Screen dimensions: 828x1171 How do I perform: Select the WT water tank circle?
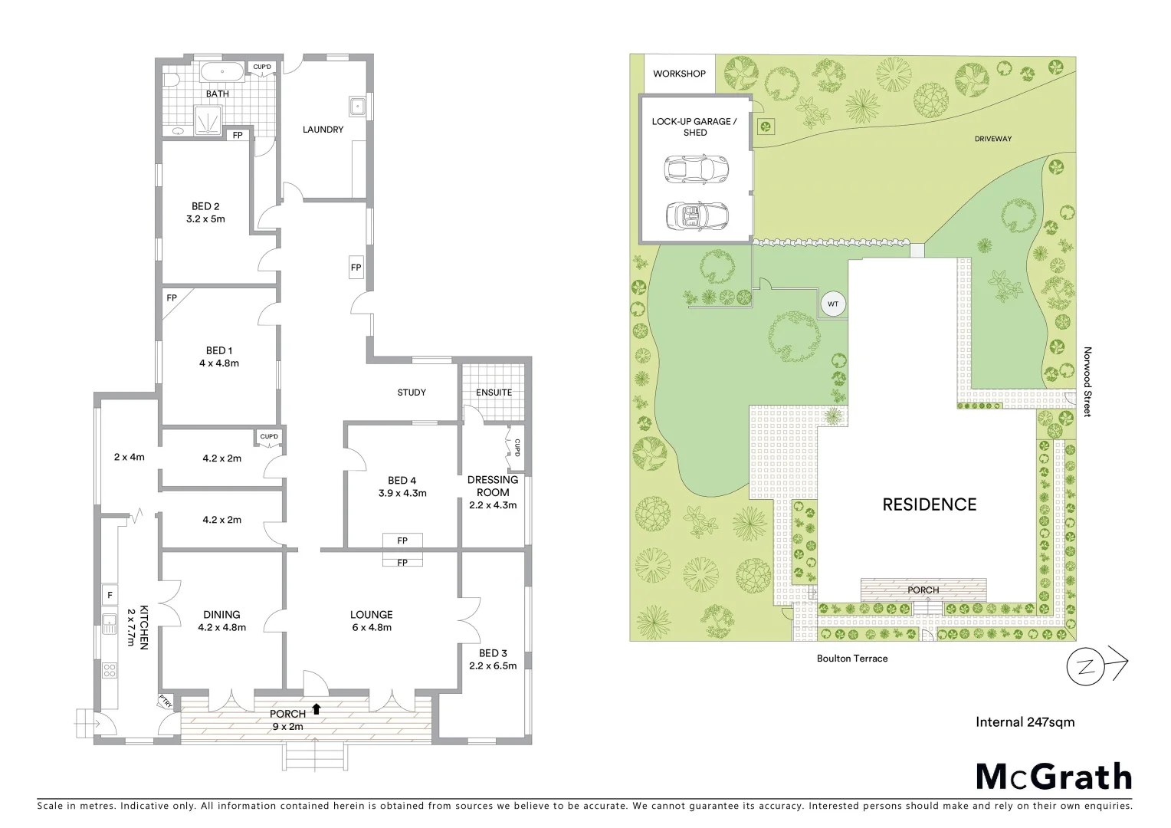point(833,304)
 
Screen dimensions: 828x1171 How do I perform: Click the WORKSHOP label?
point(679,74)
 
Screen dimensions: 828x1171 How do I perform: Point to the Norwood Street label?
point(1087,382)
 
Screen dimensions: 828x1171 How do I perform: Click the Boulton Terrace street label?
point(851,658)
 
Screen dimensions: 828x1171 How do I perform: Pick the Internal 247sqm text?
point(1025,721)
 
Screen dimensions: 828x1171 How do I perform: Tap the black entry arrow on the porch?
point(316,708)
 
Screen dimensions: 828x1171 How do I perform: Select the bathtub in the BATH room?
point(222,73)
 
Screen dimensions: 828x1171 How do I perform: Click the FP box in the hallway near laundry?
point(356,268)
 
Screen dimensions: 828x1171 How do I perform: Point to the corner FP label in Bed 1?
point(171,297)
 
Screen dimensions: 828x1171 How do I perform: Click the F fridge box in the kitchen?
point(110,594)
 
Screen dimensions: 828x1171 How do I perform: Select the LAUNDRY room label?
point(323,130)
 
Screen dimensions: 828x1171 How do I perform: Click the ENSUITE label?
point(494,392)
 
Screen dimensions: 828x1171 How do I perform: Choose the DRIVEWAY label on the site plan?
point(992,139)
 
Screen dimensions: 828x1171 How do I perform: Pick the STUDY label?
point(412,393)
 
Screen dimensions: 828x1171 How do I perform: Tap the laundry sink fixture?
point(357,105)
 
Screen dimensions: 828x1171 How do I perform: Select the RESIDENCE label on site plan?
point(929,504)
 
